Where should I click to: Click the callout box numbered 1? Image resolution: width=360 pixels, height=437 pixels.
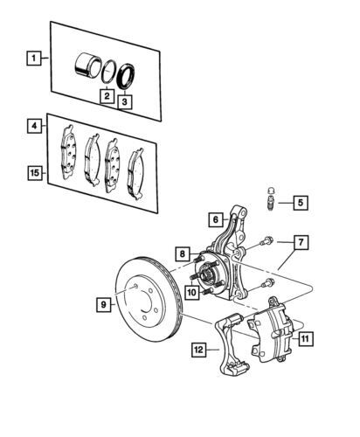[x=34, y=58]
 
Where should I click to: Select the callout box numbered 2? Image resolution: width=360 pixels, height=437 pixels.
[x=107, y=95]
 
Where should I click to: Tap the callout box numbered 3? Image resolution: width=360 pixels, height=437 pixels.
[x=124, y=102]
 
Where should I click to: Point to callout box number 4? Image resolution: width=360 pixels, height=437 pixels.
[x=34, y=126]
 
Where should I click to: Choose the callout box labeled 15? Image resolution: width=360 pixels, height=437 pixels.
[x=34, y=173]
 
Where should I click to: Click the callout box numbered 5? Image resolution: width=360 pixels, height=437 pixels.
[x=301, y=202]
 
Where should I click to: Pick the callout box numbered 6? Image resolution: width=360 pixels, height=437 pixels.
[x=216, y=219]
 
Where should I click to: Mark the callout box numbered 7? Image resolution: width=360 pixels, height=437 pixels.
[x=301, y=242]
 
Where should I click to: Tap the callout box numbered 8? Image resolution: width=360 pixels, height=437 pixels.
[x=183, y=253]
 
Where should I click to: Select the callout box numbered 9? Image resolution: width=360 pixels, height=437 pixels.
[x=104, y=305]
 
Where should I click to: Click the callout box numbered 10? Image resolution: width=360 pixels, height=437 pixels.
[x=192, y=292]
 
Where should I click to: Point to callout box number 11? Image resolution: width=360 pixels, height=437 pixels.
[x=305, y=339]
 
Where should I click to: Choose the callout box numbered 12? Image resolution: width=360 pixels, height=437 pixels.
[x=198, y=350]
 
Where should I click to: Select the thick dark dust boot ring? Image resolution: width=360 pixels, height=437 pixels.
[x=126, y=75]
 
